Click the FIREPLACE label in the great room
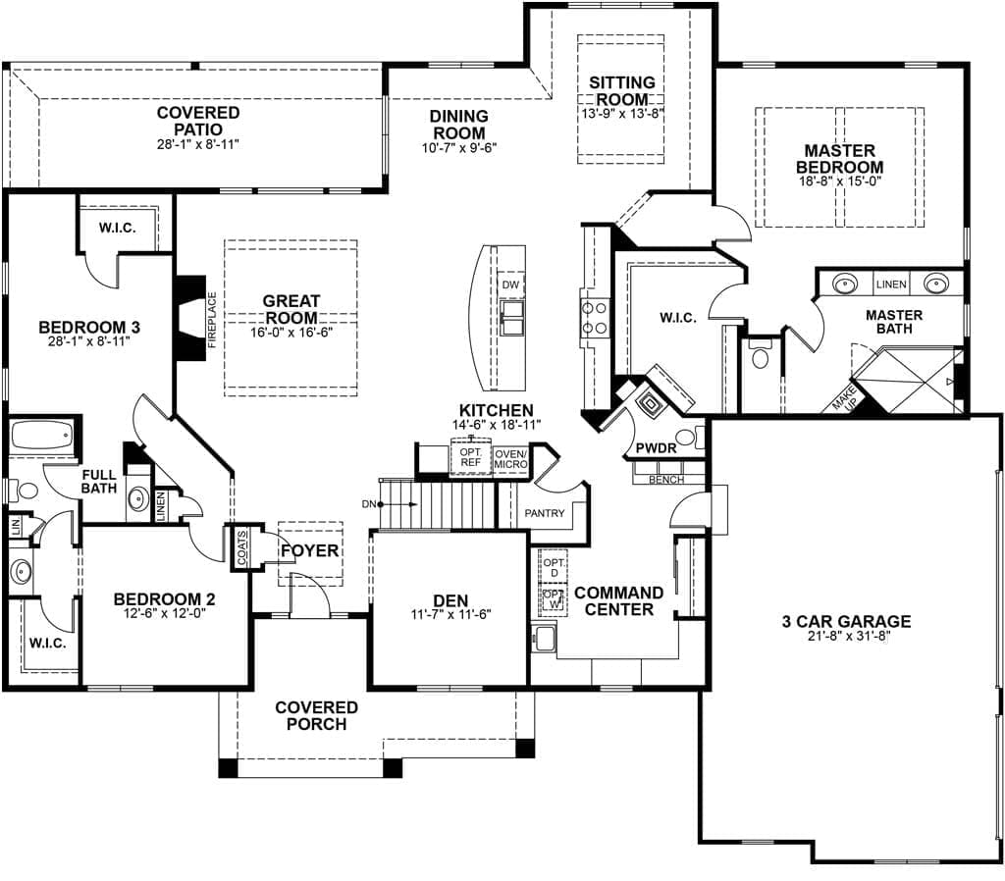212,320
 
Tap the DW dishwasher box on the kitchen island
509,285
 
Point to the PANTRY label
544,513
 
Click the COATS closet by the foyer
241,547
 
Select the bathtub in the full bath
41,435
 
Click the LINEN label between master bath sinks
890,285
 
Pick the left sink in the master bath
844,285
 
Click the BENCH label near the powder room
665,480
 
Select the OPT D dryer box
554,566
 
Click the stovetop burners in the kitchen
594,316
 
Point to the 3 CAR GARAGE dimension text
846,639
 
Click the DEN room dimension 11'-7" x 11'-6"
450,616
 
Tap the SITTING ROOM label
621,91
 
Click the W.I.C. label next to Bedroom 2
47,643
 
